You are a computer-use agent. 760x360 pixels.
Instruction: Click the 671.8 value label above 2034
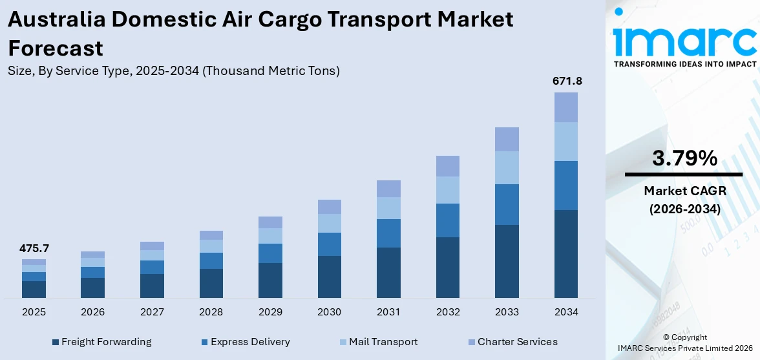click(x=565, y=81)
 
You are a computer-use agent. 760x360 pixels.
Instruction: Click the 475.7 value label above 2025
click(x=34, y=248)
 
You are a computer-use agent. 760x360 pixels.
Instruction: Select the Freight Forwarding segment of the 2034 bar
click(x=565, y=253)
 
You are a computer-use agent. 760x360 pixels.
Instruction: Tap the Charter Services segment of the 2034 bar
click(x=565, y=107)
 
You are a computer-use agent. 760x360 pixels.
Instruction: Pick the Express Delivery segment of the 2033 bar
click(x=507, y=204)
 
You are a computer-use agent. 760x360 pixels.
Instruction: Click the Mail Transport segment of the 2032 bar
click(x=447, y=190)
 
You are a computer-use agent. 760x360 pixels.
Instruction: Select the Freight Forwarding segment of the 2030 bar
click(x=329, y=277)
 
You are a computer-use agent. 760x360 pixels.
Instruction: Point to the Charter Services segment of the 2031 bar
click(x=388, y=189)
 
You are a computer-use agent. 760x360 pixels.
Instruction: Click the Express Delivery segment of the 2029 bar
click(x=270, y=253)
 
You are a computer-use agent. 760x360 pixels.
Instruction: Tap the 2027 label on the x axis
click(x=152, y=312)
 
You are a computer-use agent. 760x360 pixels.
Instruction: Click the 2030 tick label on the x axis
click(x=329, y=312)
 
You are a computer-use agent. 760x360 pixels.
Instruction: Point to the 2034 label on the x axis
click(x=565, y=312)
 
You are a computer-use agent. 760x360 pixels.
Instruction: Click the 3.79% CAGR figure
click(x=684, y=158)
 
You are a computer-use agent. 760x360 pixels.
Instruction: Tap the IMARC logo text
click(x=684, y=40)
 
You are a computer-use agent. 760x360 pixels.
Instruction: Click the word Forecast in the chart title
click(x=56, y=47)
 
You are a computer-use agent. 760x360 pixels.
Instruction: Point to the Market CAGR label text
click(x=684, y=191)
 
